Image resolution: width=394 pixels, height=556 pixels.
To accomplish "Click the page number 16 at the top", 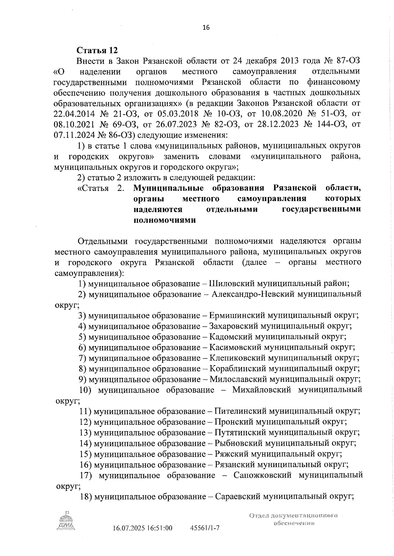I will tap(206, 28).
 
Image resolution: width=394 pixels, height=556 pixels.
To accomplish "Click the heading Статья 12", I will tap(97, 51).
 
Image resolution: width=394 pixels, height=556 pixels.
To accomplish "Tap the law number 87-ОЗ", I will tap(349, 61).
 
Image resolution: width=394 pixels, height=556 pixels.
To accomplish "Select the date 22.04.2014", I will tap(74, 114).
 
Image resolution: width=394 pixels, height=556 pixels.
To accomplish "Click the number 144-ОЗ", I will tap(326, 124).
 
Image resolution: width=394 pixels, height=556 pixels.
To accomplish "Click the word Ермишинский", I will tap(237, 316).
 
